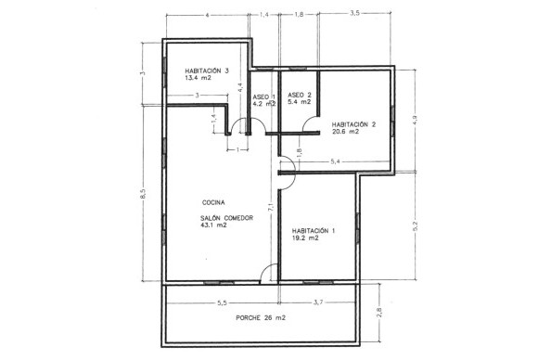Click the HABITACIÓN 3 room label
point(207,70)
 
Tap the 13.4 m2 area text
point(198,79)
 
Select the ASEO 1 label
point(264,96)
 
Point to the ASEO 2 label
point(299,96)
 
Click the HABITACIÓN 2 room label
point(353,123)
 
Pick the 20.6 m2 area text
point(344,132)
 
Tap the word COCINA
point(214,201)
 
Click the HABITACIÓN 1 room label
point(314,230)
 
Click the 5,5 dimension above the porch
point(223,302)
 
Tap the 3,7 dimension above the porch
point(318,302)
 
